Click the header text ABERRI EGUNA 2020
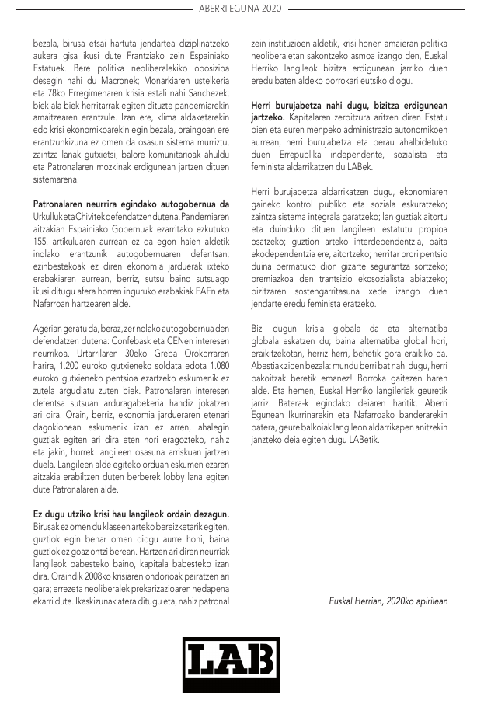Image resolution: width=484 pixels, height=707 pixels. click(x=241, y=9)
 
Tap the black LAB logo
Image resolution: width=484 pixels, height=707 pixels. click(x=231, y=664)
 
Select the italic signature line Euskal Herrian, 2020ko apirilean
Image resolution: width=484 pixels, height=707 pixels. click(x=388, y=601)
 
